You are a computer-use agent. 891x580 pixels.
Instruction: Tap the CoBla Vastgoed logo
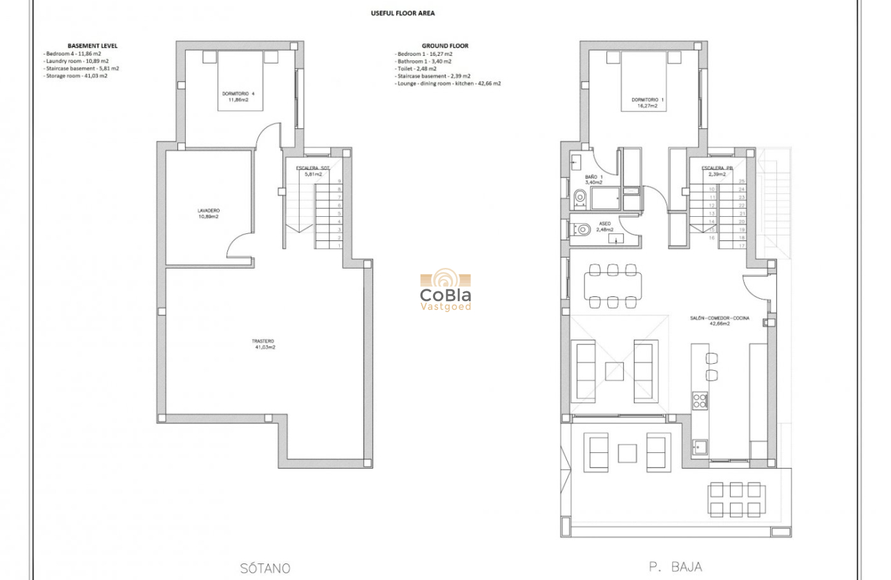point(445,290)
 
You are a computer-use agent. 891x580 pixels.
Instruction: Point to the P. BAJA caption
point(676,567)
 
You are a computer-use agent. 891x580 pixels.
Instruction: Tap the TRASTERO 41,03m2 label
point(263,344)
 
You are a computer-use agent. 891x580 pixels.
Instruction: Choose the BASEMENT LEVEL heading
point(93,46)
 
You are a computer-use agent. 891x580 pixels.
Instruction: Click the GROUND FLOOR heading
point(445,46)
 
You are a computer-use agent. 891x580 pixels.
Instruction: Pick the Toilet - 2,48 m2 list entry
point(416,68)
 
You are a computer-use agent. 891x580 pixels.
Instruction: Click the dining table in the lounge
point(613,285)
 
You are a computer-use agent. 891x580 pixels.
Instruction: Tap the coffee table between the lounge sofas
point(614,371)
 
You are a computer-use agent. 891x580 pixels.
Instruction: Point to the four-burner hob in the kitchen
point(700,400)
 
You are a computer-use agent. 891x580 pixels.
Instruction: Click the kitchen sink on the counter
point(700,446)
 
